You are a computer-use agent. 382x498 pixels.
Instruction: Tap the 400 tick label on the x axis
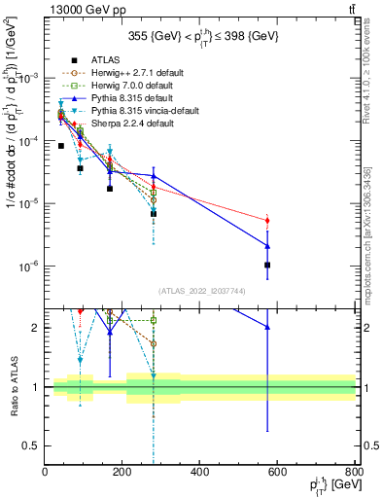tap(200, 473)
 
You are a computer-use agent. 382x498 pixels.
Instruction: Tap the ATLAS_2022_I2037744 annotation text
tap(200, 291)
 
